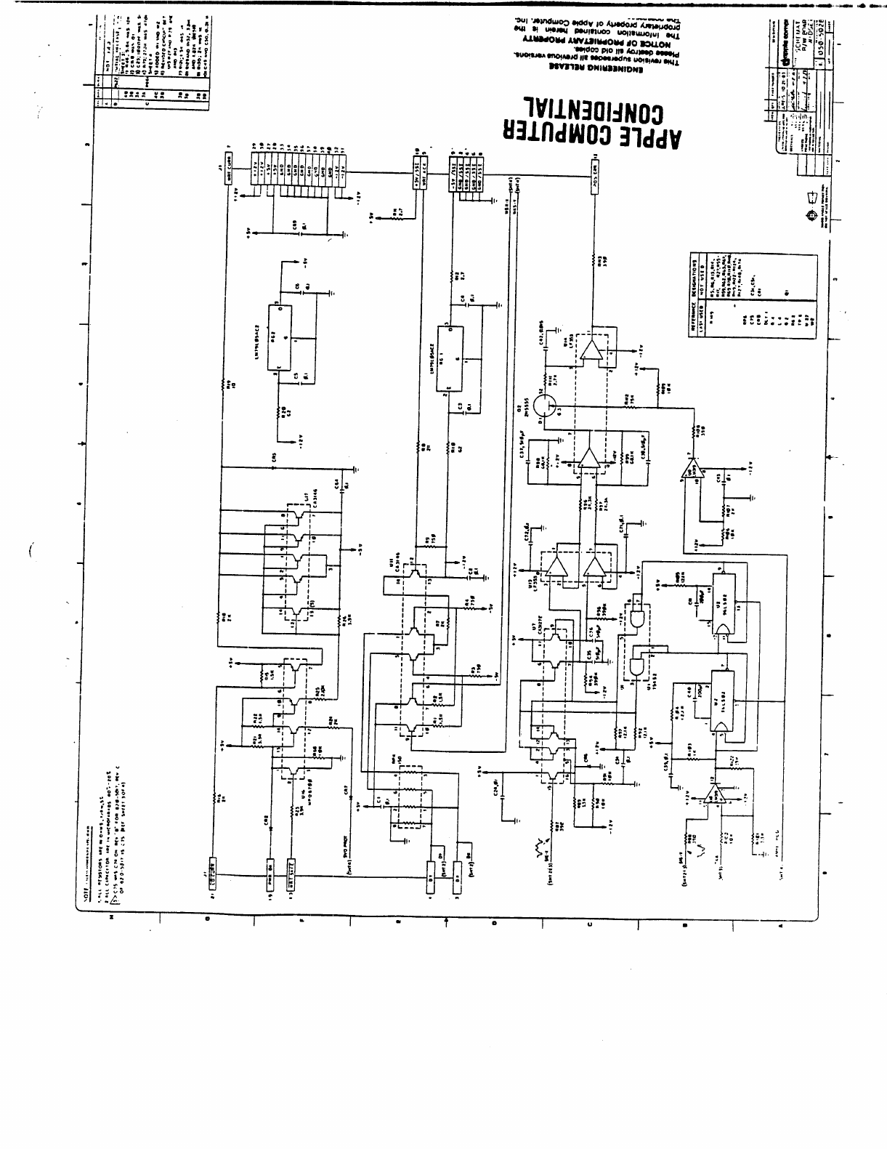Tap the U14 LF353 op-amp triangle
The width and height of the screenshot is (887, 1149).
point(593,352)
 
